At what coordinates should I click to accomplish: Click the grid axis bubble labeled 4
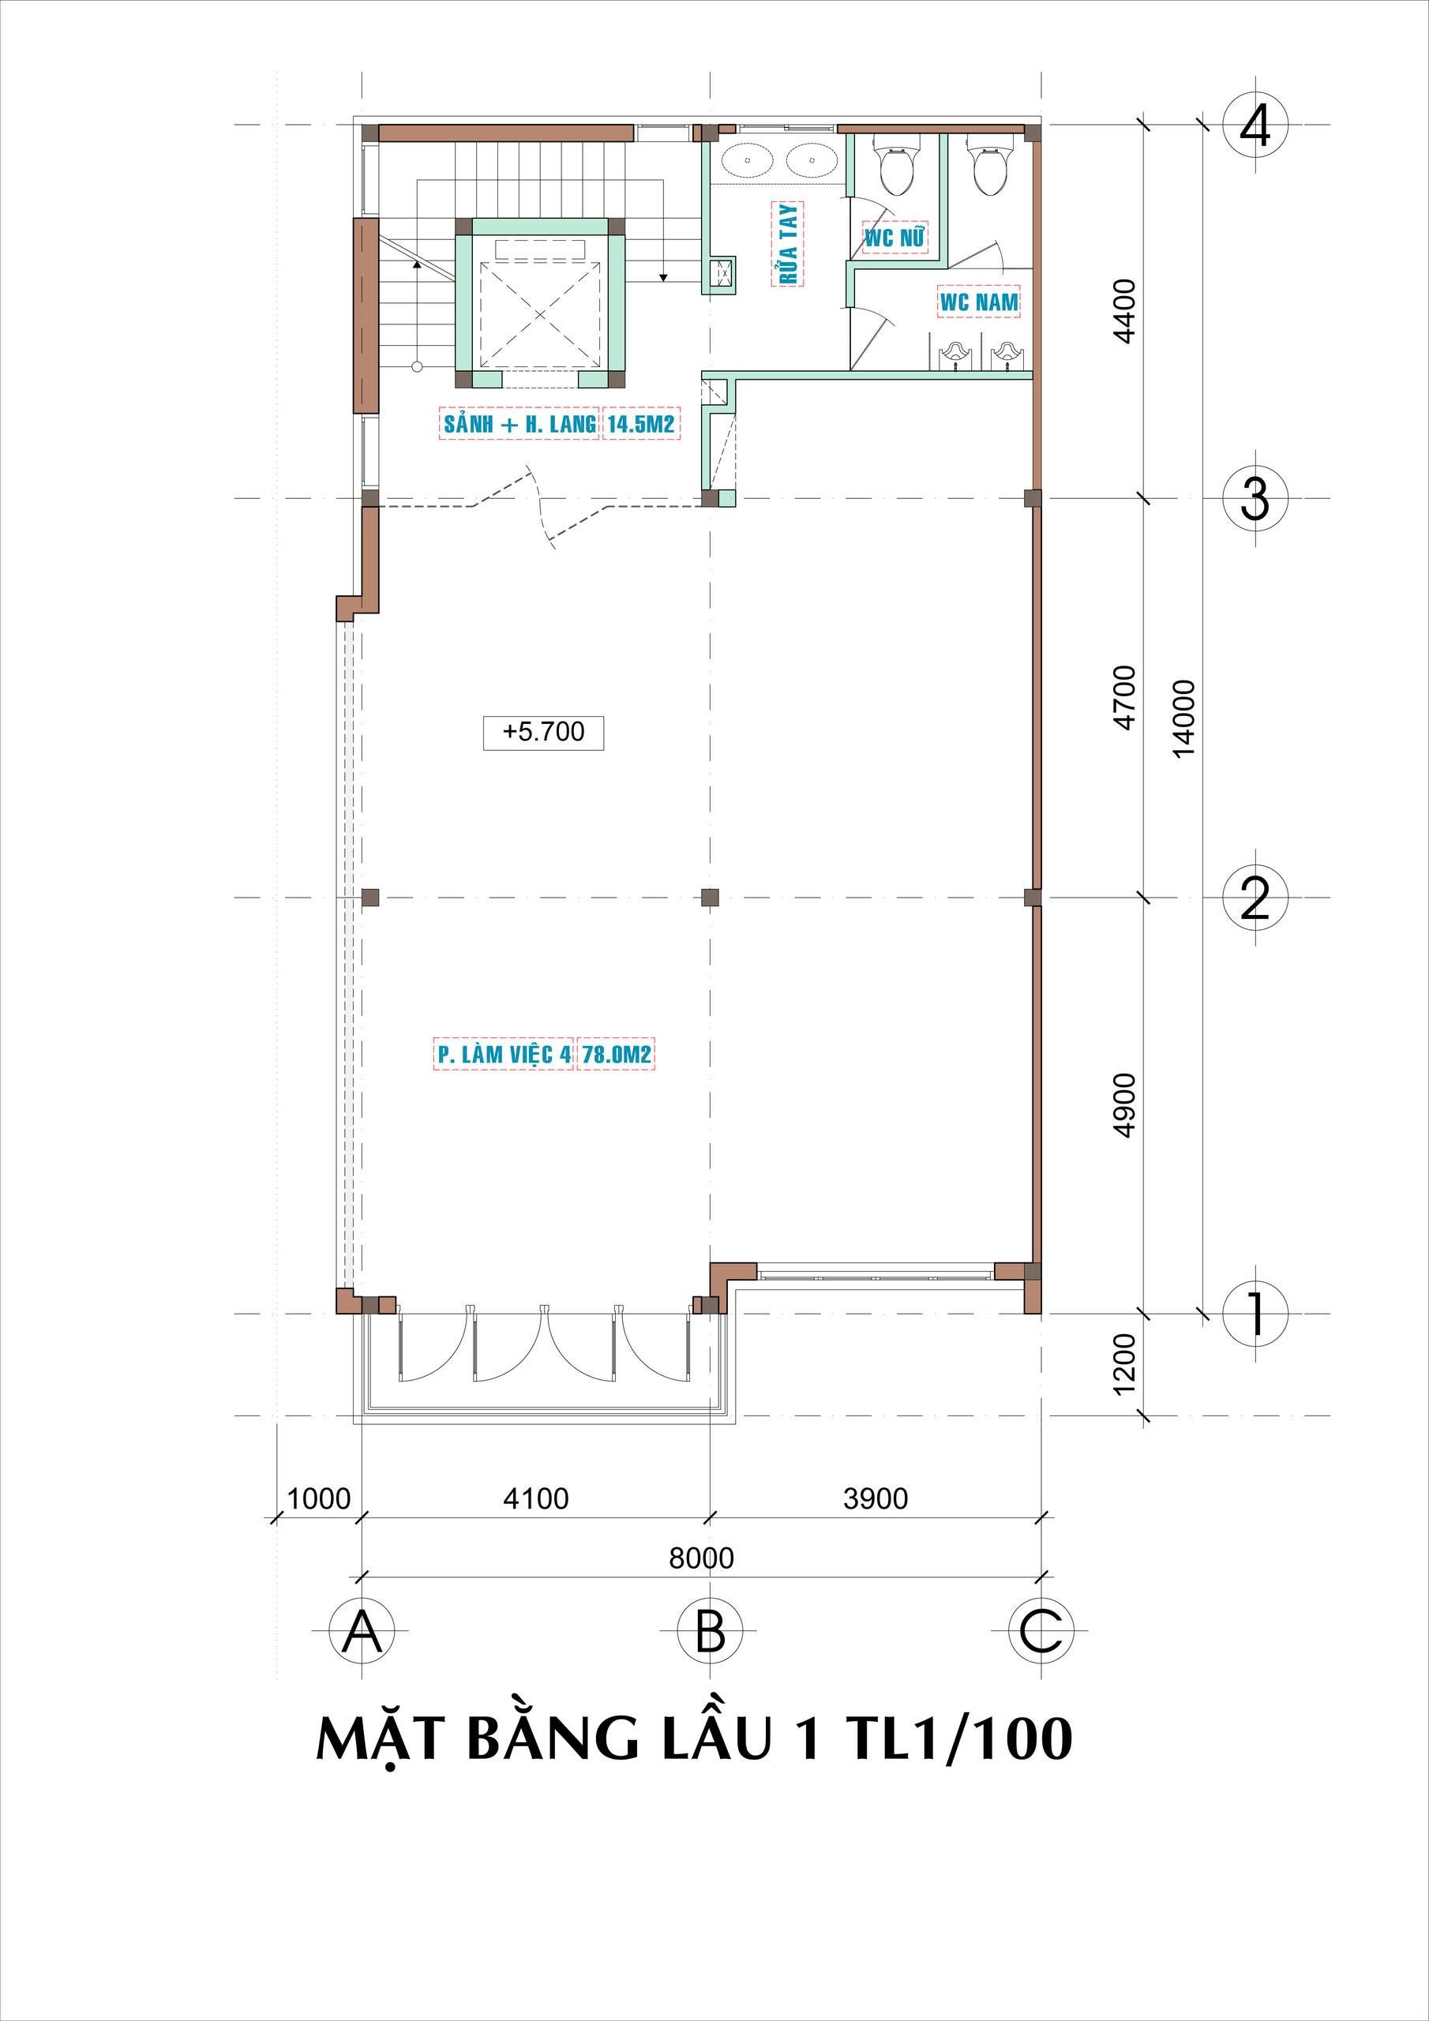coord(1255,126)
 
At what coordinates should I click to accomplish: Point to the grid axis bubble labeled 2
coord(1255,898)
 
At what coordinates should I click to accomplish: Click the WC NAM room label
coord(979,302)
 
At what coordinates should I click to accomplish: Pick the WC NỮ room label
coord(895,237)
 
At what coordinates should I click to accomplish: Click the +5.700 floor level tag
coord(543,732)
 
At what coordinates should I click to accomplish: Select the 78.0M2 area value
coord(617,1055)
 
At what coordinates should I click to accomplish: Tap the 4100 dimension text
coord(535,1498)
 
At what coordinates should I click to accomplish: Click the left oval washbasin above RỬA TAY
coord(748,160)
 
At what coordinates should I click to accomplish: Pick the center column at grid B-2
coord(710,898)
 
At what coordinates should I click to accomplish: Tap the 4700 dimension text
coord(1124,696)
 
